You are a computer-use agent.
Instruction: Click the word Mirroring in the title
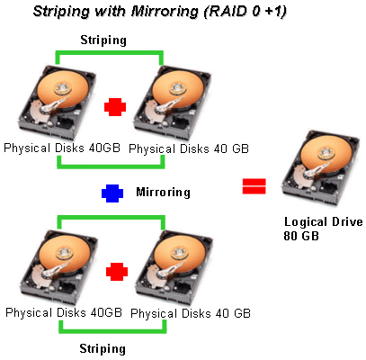[165, 12]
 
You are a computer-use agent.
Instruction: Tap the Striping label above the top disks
[103, 40]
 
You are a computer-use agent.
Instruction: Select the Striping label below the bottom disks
[103, 348]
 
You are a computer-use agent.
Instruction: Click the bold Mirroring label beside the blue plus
[163, 192]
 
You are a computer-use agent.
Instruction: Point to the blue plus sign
[112, 193]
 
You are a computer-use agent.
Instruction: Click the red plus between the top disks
[115, 107]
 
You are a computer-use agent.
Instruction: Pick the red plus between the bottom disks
[117, 272]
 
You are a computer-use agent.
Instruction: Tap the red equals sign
[254, 186]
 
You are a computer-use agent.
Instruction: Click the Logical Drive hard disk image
[321, 168]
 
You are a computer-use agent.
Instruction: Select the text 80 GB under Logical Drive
[301, 236]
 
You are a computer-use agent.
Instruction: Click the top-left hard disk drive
[57, 102]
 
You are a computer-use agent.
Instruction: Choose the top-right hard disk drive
[173, 103]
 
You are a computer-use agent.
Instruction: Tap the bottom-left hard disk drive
[58, 267]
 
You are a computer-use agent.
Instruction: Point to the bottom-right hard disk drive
[174, 267]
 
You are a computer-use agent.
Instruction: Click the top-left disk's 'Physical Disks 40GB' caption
[62, 148]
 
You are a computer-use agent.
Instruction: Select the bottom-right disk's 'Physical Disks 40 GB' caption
[191, 314]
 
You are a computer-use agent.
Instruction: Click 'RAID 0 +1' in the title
[245, 12]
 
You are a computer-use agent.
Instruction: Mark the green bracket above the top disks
[109, 53]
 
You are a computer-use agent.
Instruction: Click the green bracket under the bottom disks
[112, 331]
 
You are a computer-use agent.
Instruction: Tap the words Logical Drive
[324, 222]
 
